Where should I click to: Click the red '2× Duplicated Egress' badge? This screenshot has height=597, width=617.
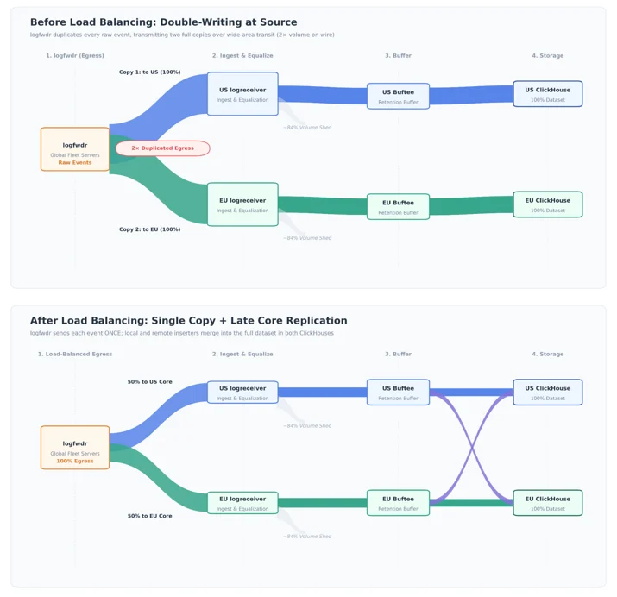[162, 148]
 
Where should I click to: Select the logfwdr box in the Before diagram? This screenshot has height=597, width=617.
[75, 149]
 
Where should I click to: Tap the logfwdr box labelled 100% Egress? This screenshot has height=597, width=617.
[75, 448]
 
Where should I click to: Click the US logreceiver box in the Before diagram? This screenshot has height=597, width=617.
[242, 93]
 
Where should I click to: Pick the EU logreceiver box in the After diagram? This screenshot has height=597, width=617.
[242, 503]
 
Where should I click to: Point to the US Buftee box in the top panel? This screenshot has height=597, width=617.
[398, 96]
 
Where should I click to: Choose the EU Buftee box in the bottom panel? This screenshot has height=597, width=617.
[398, 503]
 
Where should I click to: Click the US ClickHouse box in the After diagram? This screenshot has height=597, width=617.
[548, 392]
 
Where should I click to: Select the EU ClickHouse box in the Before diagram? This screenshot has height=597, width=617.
[548, 204]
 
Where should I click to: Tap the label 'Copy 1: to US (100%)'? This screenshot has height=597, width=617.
[150, 72]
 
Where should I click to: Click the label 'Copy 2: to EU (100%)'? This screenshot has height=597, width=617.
[150, 229]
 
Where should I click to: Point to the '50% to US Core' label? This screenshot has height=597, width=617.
[150, 382]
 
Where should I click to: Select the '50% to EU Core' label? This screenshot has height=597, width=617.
[150, 516]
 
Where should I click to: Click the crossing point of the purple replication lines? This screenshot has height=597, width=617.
[471, 448]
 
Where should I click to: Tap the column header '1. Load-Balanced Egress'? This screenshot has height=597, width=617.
[75, 354]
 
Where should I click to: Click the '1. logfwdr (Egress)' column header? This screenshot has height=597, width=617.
[75, 55]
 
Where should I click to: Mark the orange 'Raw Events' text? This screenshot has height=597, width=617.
[75, 162]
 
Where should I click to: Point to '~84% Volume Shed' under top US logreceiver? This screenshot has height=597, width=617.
[307, 128]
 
